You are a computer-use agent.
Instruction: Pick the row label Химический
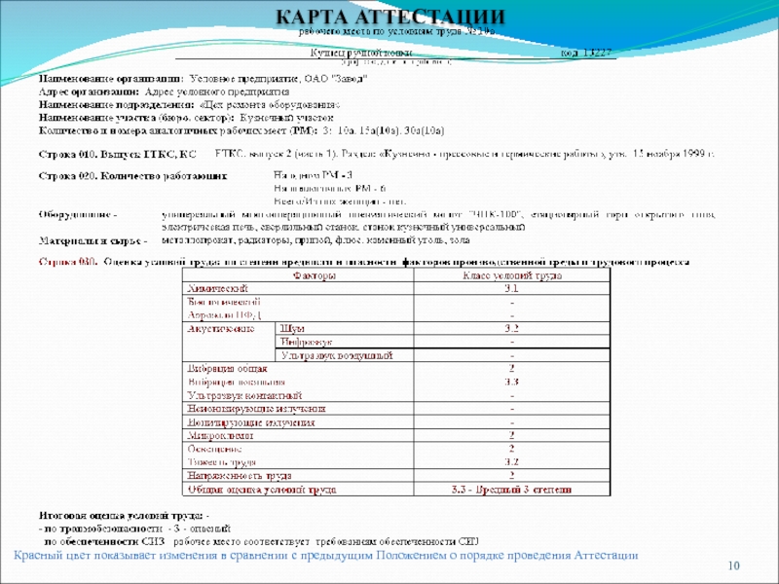point(217,289)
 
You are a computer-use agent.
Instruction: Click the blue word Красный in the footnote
point(40,555)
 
